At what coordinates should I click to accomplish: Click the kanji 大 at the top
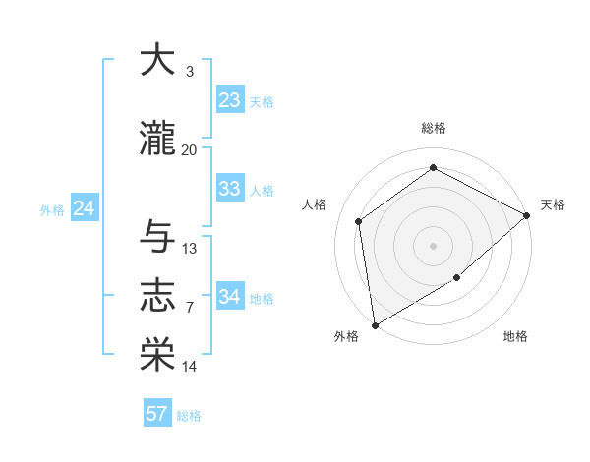pyautogui.click(x=157, y=60)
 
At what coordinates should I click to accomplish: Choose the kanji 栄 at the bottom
pyautogui.click(x=157, y=355)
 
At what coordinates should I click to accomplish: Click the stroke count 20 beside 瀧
pyautogui.click(x=190, y=149)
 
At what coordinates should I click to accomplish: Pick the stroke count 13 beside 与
pyautogui.click(x=190, y=249)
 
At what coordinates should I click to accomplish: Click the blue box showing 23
pyautogui.click(x=229, y=100)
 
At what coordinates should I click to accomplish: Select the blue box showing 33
pyautogui.click(x=229, y=189)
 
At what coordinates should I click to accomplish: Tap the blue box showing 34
pyautogui.click(x=229, y=297)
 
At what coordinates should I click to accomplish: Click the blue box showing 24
pyautogui.click(x=84, y=208)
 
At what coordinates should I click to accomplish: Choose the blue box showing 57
pyautogui.click(x=156, y=414)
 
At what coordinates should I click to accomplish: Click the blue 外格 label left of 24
pyautogui.click(x=52, y=209)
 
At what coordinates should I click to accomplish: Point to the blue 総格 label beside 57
pyautogui.click(x=189, y=416)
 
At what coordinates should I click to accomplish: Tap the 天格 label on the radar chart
pyautogui.click(x=553, y=204)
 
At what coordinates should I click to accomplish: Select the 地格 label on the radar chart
pyautogui.click(x=515, y=337)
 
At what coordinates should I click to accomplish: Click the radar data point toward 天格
pyautogui.click(x=527, y=215)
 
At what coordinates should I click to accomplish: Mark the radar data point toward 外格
pyautogui.click(x=375, y=324)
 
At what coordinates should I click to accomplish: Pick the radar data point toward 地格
pyautogui.click(x=457, y=279)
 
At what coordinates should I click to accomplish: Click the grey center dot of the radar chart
pyautogui.click(x=433, y=245)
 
